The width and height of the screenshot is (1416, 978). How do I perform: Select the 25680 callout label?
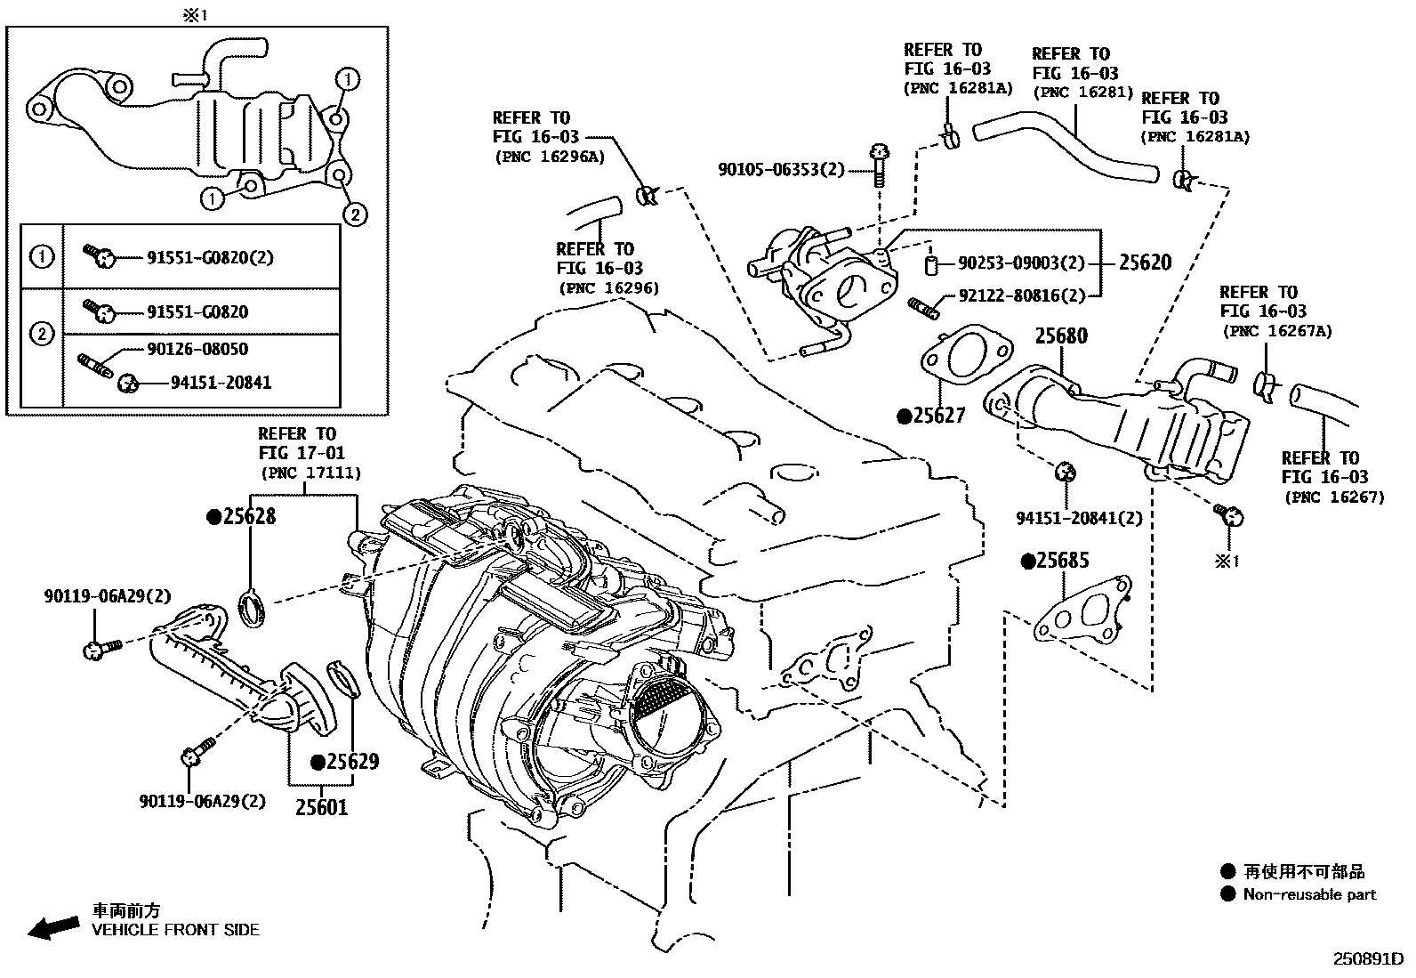click(1061, 336)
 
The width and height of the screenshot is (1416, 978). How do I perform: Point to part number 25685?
click(1062, 561)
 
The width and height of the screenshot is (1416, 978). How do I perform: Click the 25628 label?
click(248, 516)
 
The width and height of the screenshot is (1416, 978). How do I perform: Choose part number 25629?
click(351, 762)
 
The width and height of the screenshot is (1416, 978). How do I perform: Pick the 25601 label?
click(322, 807)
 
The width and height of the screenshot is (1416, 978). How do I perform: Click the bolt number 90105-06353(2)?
click(782, 169)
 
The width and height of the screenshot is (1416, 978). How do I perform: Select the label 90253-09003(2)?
click(1022, 263)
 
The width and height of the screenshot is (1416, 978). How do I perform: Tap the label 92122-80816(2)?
click(1022, 296)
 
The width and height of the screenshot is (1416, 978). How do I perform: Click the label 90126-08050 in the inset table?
click(197, 350)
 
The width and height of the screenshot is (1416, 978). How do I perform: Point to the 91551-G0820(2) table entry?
click(210, 258)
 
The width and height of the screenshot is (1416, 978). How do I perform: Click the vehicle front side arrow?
click(52, 927)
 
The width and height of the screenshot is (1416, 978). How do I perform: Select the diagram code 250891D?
click(1366, 960)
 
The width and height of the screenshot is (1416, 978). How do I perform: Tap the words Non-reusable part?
click(1309, 895)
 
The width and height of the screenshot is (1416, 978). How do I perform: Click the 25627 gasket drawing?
click(966, 358)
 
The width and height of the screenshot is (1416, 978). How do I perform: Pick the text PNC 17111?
click(310, 473)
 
